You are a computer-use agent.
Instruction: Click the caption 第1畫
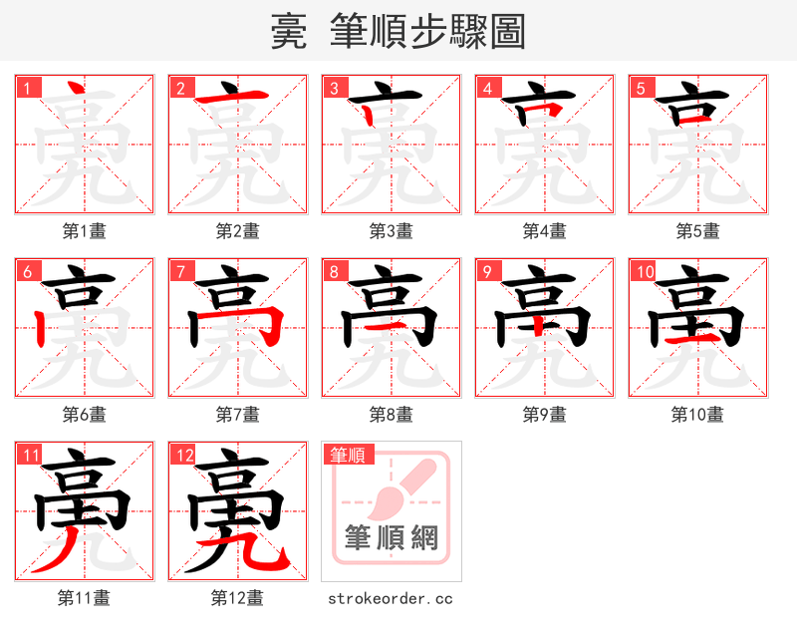(x=85, y=230)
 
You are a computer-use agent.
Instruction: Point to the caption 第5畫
(x=697, y=230)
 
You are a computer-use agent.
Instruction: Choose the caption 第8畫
(x=391, y=414)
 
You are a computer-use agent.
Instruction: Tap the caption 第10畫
(x=697, y=414)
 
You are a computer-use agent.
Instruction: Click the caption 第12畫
(x=237, y=598)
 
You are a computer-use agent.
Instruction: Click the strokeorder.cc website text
(x=391, y=598)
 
